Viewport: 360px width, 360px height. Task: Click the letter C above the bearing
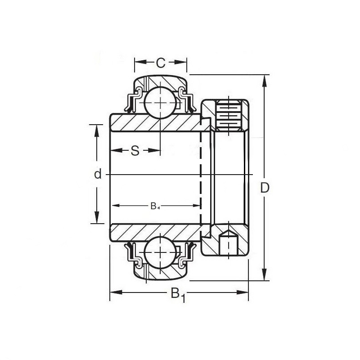(160, 63)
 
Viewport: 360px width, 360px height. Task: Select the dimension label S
(135, 151)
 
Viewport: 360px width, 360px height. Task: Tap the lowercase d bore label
(98, 174)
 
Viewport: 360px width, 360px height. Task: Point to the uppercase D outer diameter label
(265, 188)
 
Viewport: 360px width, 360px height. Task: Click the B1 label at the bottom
(177, 295)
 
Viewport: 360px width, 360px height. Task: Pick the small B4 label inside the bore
(155, 206)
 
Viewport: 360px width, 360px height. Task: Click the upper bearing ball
(161, 103)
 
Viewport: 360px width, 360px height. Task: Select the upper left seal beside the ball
(134, 102)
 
